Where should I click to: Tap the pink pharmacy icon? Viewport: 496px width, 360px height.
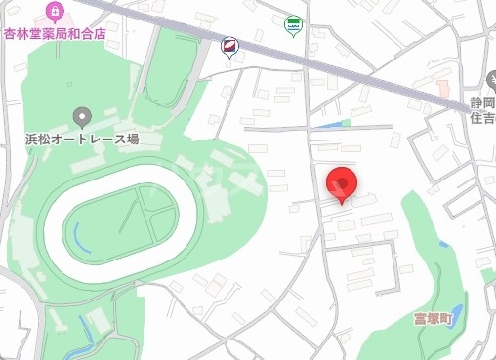click(x=55, y=13)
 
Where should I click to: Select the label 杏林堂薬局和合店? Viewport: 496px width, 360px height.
click(x=54, y=31)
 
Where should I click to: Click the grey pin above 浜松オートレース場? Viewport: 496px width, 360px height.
click(x=82, y=118)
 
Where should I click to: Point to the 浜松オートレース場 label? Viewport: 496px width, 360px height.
click(x=82, y=140)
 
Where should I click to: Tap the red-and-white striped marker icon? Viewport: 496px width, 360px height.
click(x=229, y=45)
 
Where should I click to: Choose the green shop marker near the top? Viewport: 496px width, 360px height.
click(x=293, y=23)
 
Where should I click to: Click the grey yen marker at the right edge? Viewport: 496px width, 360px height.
click(x=490, y=80)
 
